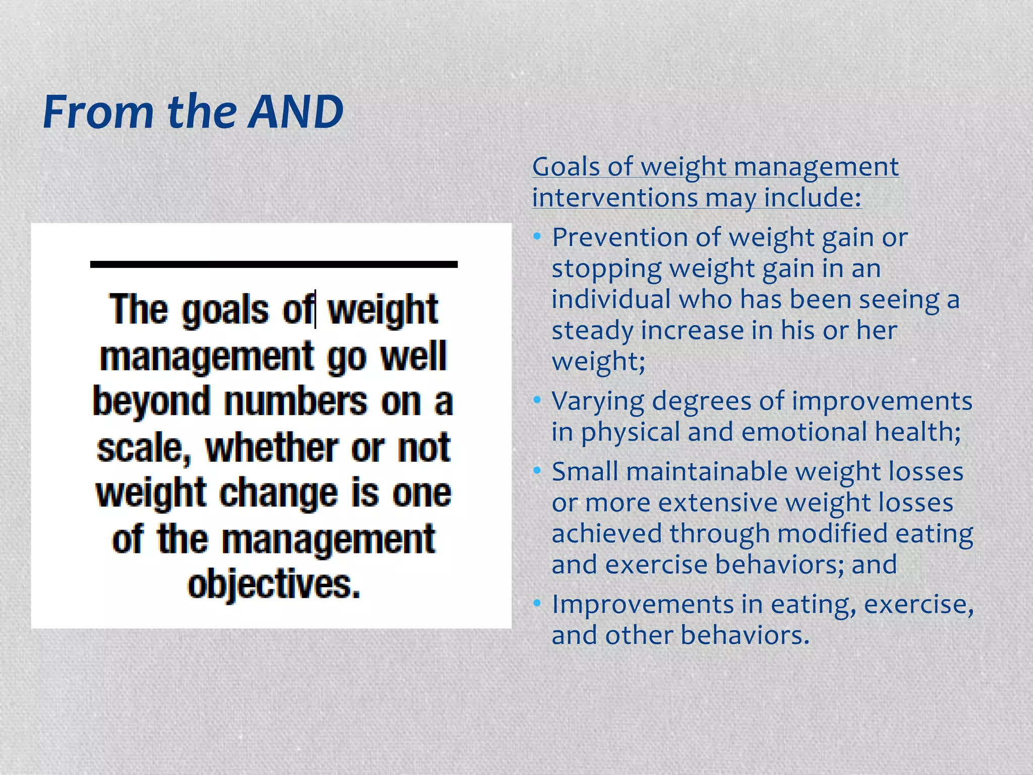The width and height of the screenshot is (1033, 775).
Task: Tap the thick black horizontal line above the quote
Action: point(273,264)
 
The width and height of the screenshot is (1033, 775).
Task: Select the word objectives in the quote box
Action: point(274,585)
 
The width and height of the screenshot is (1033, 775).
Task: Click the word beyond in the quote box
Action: point(151,402)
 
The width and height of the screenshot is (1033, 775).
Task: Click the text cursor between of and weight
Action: point(316,309)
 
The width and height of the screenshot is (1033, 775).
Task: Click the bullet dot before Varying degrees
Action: point(537,401)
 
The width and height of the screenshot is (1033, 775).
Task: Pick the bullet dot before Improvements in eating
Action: point(537,603)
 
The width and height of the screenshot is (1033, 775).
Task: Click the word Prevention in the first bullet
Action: point(620,238)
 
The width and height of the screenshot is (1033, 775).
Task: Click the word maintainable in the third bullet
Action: point(707,472)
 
